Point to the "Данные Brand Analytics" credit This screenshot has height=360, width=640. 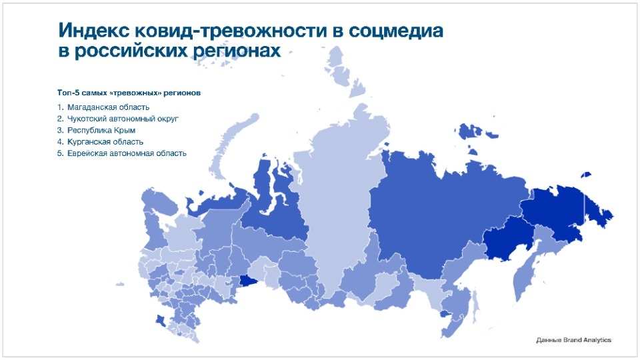coord(573,340)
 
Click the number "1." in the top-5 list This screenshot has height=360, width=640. coord(60,107)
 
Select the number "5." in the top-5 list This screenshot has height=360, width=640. coord(60,153)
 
